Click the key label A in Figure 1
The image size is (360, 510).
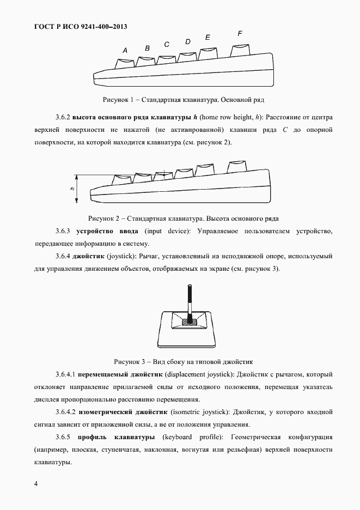(x=125, y=51)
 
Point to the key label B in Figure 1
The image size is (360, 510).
(x=147, y=48)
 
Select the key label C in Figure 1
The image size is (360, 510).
(x=167, y=44)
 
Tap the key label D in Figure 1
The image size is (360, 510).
(x=188, y=41)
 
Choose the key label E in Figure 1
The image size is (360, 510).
(x=208, y=38)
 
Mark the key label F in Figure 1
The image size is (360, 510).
(x=240, y=34)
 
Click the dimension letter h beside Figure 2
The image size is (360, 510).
(x=72, y=189)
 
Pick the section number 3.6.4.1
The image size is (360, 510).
(x=66, y=375)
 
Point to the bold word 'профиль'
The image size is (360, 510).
(x=92, y=438)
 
